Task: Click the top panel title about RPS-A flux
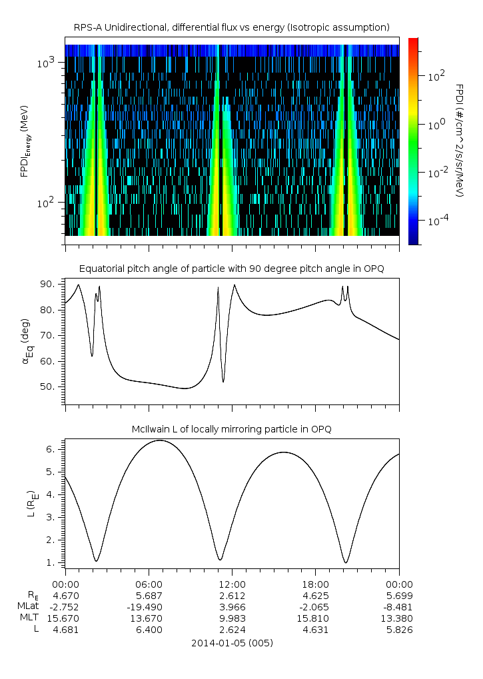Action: [x=232, y=27]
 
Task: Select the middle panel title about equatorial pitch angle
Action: [x=232, y=269]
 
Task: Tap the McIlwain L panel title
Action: [x=232, y=429]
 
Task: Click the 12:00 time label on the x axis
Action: [x=232, y=584]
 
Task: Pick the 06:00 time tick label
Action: [x=148, y=584]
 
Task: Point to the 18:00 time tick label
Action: [x=315, y=584]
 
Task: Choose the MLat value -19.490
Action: [x=148, y=606]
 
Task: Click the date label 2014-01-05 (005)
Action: [x=232, y=643]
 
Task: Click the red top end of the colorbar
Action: [x=413, y=41]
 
